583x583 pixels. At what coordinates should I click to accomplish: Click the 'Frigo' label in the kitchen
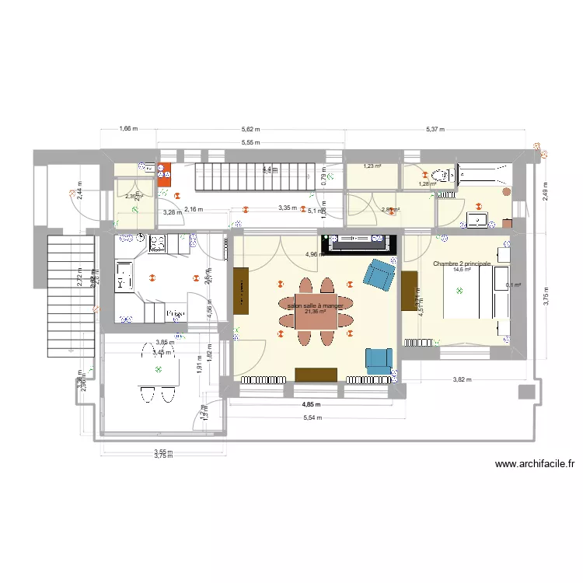pos(175,314)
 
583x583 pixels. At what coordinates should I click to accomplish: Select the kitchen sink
pos(124,276)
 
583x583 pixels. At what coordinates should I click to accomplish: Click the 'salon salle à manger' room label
pos(315,306)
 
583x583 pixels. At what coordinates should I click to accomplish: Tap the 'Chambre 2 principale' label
pos(462,264)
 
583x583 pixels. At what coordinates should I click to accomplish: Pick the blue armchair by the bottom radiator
pos(379,359)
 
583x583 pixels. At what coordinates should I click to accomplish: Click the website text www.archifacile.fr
pos(534,465)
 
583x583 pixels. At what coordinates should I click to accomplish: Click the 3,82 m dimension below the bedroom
pos(464,380)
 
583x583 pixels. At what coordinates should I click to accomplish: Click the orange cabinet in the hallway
pos(165,176)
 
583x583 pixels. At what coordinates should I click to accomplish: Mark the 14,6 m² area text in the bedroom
pos(462,271)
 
